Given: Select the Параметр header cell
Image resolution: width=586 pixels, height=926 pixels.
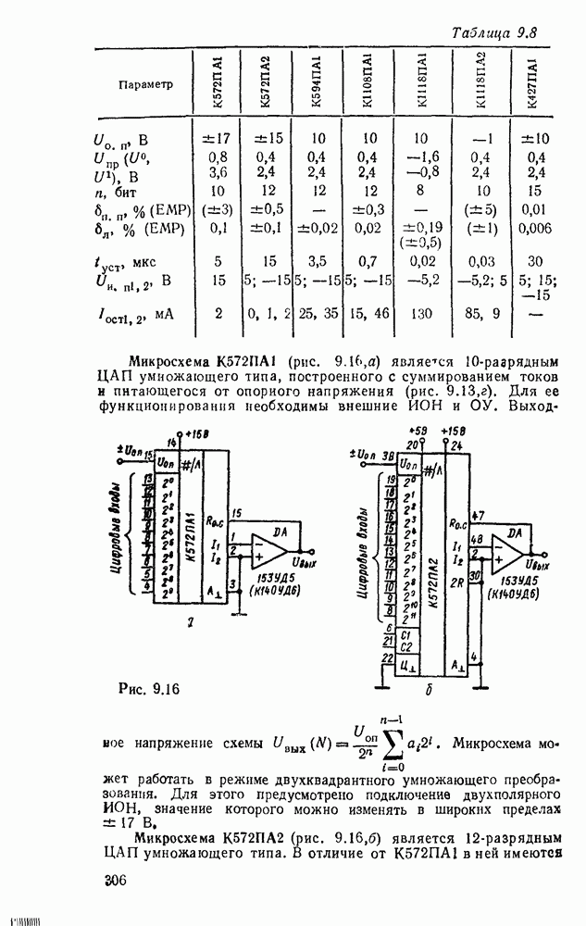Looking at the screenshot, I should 146,85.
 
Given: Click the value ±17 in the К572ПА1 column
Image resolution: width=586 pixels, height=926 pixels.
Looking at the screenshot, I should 219,140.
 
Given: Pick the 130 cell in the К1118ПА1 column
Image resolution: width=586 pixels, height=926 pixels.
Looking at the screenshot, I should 421,314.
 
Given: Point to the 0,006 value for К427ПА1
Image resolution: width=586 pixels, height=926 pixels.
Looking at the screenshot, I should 536,228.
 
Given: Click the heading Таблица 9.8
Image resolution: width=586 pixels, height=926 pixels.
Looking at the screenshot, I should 495,33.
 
